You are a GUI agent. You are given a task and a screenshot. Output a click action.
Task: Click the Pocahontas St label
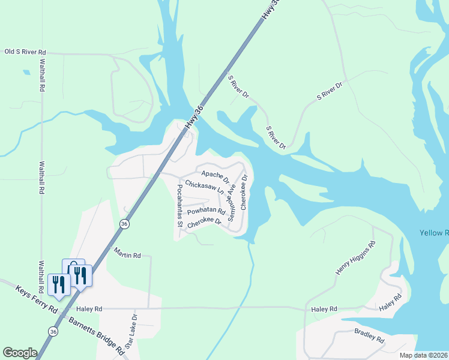coord(179,205)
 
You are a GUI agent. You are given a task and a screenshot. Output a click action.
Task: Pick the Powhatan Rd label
coord(205,212)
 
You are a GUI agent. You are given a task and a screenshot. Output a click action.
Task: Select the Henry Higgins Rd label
coord(355,259)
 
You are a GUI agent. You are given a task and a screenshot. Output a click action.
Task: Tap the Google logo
coord(20,353)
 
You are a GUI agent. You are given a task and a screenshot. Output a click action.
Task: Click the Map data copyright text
coord(424,355)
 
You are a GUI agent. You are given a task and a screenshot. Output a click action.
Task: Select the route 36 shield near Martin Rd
coord(124,223)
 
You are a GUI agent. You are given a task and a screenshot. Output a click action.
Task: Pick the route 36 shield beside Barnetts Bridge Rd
coord(53,331)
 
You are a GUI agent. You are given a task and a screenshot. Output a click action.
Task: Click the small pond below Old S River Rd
coord(26,73)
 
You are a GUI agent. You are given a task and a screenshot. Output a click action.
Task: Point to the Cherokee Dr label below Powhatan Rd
coord(204,224)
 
